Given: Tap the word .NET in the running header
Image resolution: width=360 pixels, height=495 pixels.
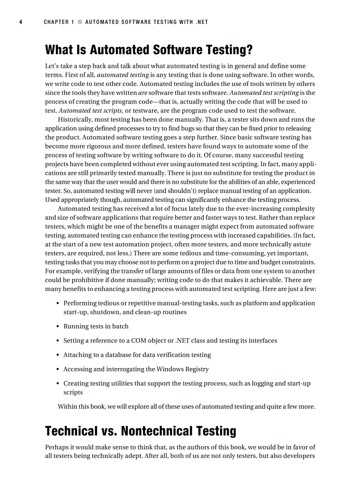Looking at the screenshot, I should tap(202, 22).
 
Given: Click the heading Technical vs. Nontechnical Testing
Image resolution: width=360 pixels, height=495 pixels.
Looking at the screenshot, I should tap(140, 430).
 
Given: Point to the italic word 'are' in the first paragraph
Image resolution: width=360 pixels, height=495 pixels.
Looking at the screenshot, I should tap(142, 93).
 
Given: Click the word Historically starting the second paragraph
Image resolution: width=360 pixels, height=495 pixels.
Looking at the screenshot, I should tap(75, 119).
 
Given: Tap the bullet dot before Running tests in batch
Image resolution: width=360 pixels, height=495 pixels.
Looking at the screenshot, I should tap(58, 327).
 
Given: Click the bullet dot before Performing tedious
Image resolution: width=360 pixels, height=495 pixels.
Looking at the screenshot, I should tap(58, 303).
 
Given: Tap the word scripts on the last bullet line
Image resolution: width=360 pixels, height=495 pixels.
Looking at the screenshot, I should tap(73, 392).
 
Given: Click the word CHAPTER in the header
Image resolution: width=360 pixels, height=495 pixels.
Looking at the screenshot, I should tap(56, 22).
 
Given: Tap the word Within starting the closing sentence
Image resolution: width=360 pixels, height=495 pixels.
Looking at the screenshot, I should tap(67, 406).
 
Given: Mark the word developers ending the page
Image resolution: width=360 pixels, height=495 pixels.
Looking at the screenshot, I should tap(299, 456).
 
